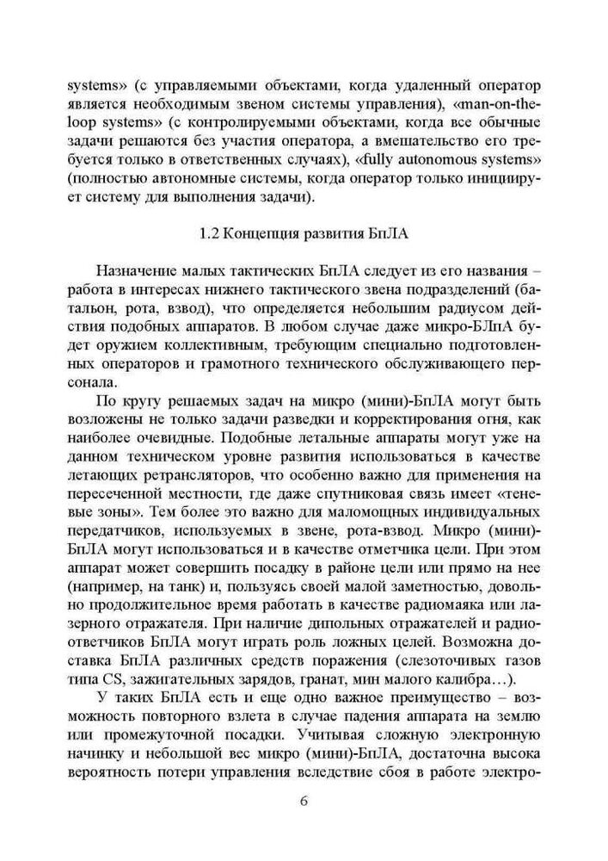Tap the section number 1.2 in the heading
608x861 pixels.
point(206,232)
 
